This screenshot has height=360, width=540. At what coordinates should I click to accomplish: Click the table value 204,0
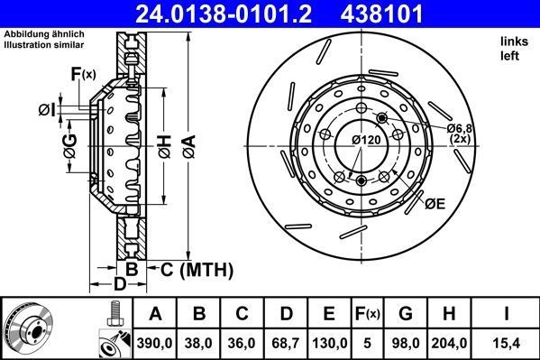450,342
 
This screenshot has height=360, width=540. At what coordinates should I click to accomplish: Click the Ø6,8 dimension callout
462,129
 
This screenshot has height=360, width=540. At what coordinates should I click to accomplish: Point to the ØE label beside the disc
435,205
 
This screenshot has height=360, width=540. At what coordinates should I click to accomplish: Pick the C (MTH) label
197,269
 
